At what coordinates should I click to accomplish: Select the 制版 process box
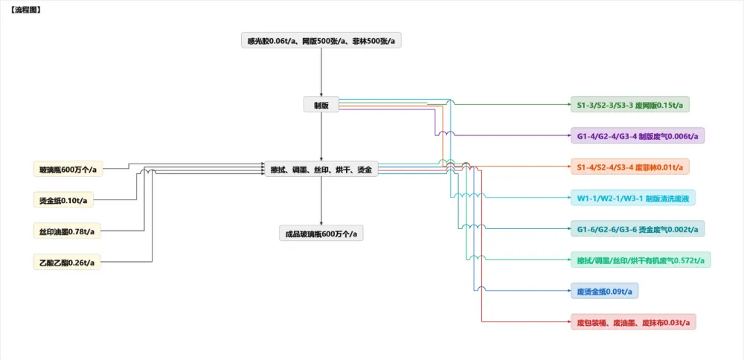tap(321, 105)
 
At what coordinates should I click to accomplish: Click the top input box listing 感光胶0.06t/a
tap(321, 40)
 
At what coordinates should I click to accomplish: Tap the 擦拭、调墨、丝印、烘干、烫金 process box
tap(321, 170)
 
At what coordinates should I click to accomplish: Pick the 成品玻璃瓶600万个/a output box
tap(321, 234)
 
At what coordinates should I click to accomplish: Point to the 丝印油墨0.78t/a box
tap(67, 231)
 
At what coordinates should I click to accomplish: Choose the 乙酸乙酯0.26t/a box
tap(67, 262)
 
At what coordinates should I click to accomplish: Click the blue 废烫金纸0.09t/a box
tap(604, 290)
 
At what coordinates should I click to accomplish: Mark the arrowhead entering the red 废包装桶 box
tap(566, 321)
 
